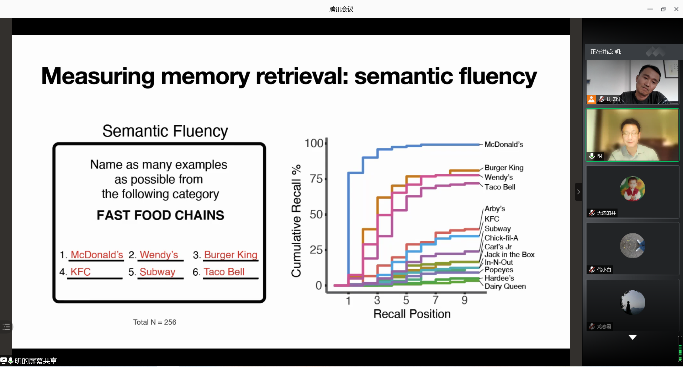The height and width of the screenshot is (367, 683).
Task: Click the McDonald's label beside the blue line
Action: coord(504,145)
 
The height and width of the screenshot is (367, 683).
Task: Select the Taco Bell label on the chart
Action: coord(500,187)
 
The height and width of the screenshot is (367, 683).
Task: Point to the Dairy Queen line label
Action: coord(505,286)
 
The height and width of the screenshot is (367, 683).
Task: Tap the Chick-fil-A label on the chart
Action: coord(501,238)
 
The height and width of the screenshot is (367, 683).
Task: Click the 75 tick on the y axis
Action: coord(316,179)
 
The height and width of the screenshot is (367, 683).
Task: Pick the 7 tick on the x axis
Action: coord(435,300)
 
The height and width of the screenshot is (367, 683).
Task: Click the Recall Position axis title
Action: coord(412,314)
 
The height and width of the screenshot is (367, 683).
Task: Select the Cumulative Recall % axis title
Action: coord(296,221)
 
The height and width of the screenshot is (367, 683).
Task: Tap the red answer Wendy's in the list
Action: coord(159,255)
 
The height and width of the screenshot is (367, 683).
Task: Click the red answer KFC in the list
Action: coord(80,272)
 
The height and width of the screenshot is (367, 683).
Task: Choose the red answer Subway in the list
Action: coord(157,272)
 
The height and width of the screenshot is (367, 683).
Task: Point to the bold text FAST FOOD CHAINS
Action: coord(160,215)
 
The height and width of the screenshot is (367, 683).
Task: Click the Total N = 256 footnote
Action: coord(155,322)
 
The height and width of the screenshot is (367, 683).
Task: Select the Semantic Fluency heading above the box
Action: coord(165,131)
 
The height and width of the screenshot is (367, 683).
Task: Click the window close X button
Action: coord(676,9)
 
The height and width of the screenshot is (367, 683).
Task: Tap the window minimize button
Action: coord(650,9)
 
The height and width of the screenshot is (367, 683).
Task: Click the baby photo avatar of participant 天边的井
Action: coord(632,189)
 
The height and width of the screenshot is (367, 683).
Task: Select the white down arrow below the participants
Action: coord(632,337)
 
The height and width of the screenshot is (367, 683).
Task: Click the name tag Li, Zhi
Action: coord(613,99)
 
